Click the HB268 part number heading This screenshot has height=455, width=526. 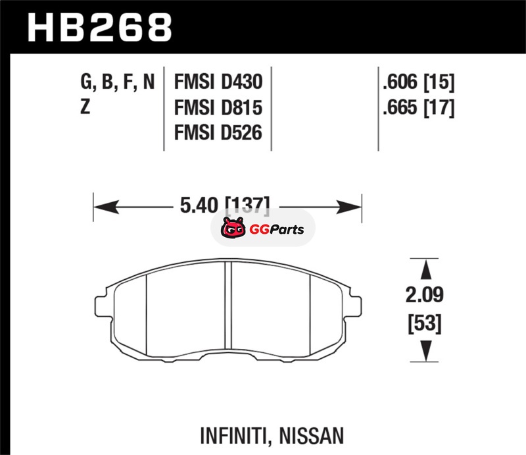[100, 28]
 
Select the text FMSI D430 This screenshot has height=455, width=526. [218, 82]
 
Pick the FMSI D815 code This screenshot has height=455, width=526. [218, 107]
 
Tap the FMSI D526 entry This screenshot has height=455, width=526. [218, 133]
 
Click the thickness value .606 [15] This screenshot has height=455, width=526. [419, 82]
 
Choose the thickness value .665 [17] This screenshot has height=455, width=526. [419, 107]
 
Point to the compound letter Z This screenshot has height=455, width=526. [85, 107]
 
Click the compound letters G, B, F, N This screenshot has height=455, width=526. [118, 82]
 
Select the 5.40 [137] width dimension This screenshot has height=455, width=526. [225, 205]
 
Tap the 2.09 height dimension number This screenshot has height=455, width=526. [424, 295]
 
